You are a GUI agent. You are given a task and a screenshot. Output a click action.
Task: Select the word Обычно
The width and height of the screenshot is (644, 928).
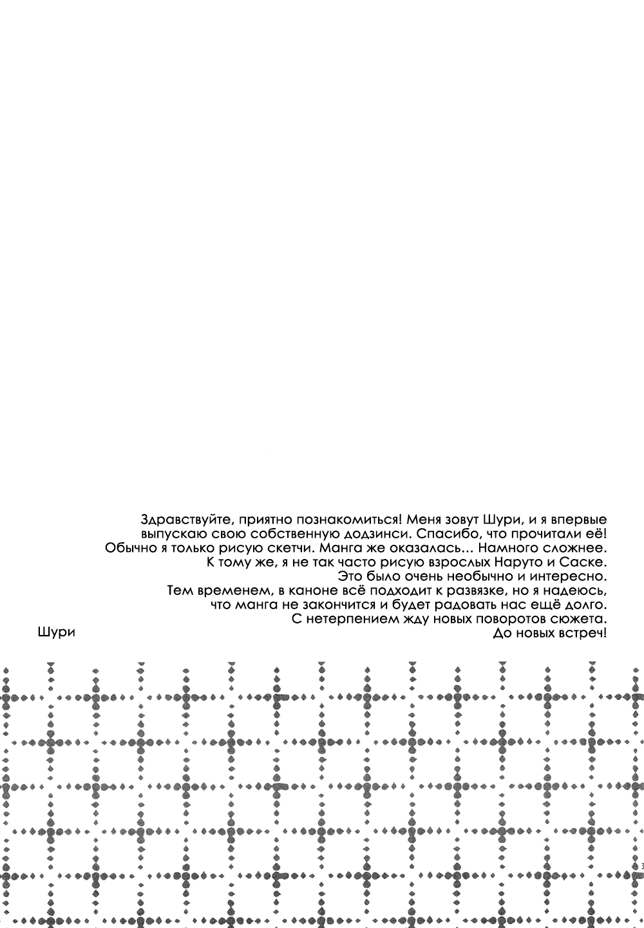[x=126, y=548]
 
